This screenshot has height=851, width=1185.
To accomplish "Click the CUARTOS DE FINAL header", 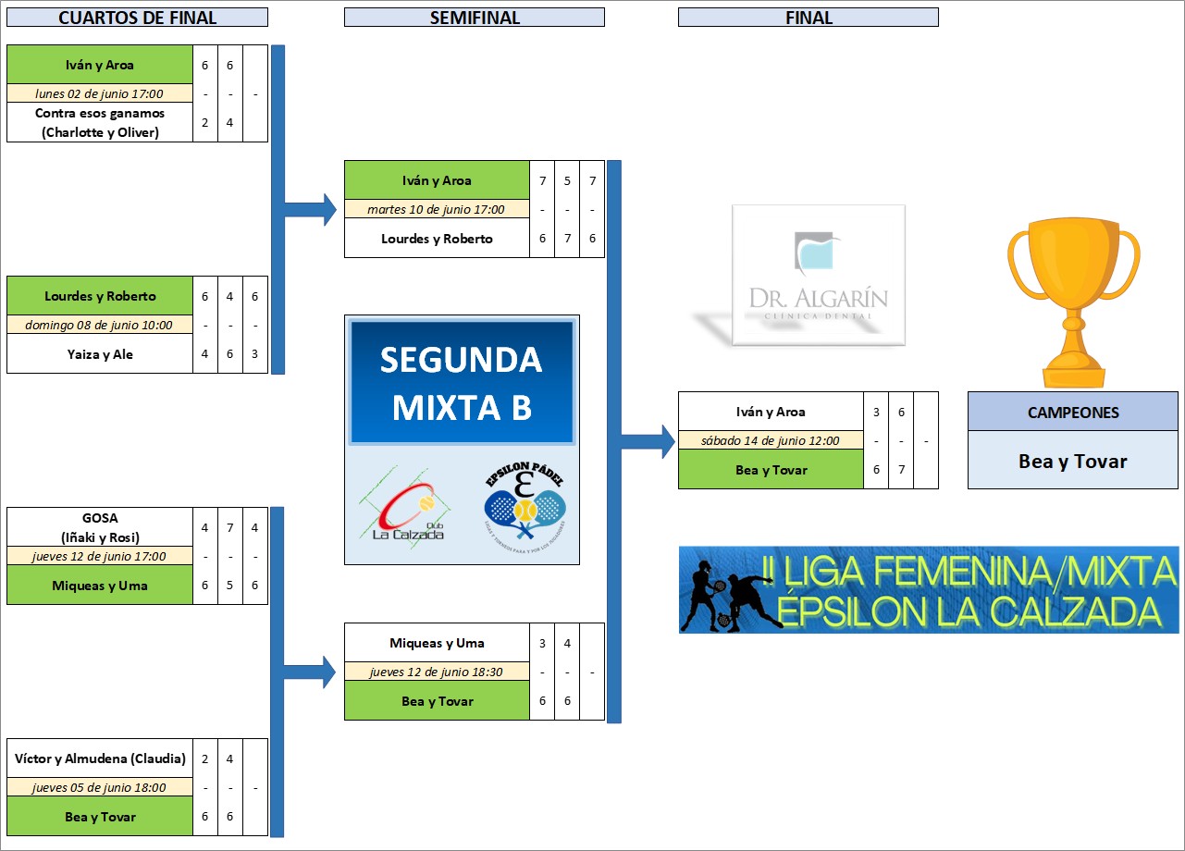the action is coord(137,18).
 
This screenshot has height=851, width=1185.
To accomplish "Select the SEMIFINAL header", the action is coord(475,18).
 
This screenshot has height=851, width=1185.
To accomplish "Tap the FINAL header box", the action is coord(809,18).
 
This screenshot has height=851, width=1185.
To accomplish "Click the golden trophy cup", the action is coord(1073,302).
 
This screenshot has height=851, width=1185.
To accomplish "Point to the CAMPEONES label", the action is coord(1073,413).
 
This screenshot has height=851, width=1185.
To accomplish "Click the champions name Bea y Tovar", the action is coord(1073,462).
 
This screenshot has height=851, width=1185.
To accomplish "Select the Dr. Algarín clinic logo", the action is coord(819,275).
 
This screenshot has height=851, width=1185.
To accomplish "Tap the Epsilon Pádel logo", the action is coord(525,506).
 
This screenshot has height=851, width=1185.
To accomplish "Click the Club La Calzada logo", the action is coord(404,508).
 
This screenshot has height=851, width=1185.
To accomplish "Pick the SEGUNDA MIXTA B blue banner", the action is coord(462,381).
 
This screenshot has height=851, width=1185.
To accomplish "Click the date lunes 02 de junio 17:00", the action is coord(100,93).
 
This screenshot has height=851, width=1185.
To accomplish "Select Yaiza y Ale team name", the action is coord(100,354).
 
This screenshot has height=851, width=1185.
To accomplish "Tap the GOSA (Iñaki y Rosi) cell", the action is coord(100,527).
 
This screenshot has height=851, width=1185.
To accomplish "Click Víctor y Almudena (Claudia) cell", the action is coord(100,758).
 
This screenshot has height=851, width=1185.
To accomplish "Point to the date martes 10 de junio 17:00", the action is coord(436,209).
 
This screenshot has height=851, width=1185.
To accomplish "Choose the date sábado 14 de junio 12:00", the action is coord(771,440).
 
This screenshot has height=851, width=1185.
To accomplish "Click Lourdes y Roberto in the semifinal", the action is coord(437,239).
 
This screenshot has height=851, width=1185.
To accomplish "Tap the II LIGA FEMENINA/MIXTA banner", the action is coord(929,590).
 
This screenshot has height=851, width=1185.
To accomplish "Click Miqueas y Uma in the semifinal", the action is coord(437,643).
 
